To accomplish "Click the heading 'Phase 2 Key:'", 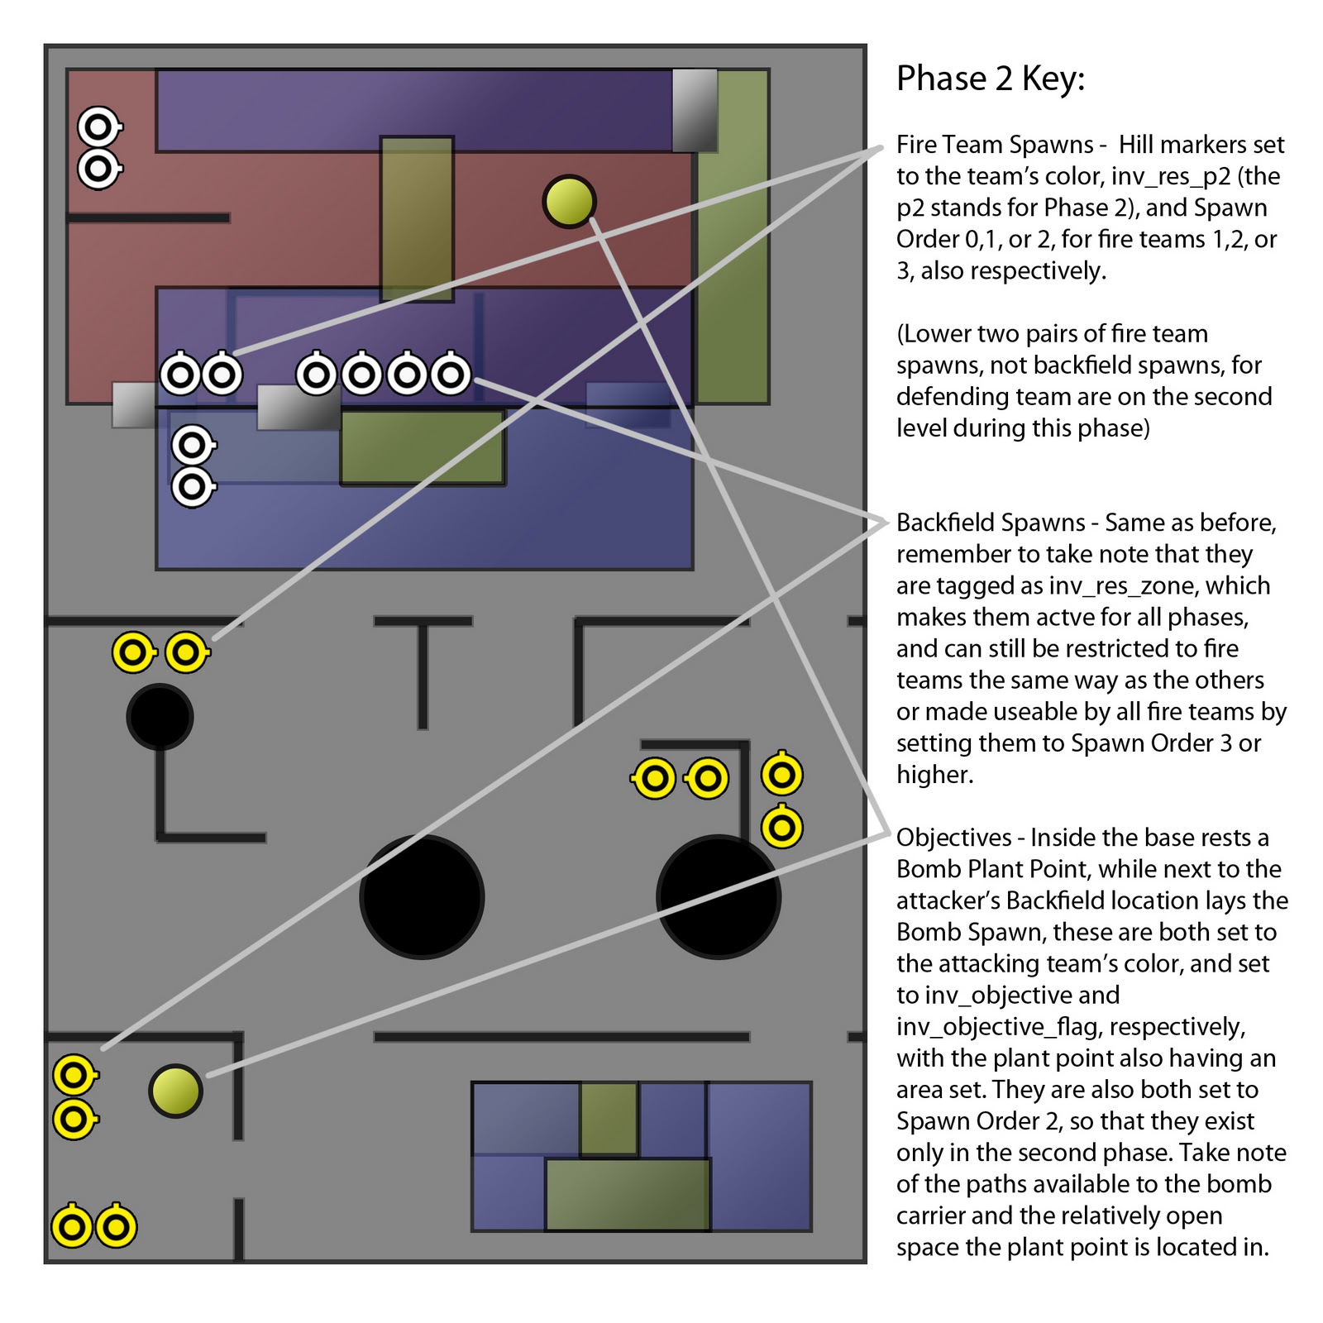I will pos(990,79).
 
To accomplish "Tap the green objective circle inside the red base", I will pos(569,201).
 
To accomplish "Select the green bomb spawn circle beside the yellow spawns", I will pos(175,1091).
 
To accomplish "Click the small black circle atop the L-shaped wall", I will pos(160,716).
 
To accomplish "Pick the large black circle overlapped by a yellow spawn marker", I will pos(718,897).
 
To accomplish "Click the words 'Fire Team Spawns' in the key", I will pos(994,145).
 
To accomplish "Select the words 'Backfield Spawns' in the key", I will pos(990,523).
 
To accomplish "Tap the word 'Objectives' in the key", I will pos(953,838).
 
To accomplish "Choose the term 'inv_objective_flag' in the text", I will pos(1000,1027).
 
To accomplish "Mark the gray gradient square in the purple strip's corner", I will pos(695,110).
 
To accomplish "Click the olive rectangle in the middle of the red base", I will pos(417,218).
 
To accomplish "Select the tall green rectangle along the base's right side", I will pos(733,236).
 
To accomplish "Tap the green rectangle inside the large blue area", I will pos(422,447).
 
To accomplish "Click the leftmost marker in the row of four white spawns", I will pos(316,375).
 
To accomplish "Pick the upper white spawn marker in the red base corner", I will pos(98,127).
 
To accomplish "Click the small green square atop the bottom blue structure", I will pos(609,1118).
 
